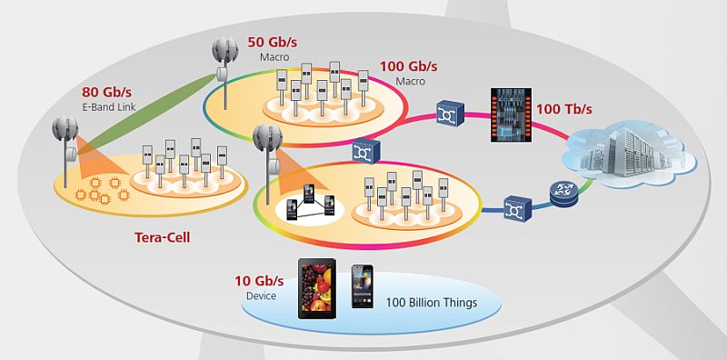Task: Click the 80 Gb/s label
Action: point(106,94)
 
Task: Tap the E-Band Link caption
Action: point(108,107)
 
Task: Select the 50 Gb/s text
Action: point(273,42)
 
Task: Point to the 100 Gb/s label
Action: point(408,65)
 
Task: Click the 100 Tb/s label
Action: point(564,109)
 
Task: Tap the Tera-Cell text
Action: point(163,238)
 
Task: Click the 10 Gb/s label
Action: point(259,281)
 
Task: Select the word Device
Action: point(262,295)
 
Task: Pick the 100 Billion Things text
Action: point(432,303)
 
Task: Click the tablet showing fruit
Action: point(316,288)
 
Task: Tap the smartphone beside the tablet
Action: point(362,286)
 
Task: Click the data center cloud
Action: point(629,153)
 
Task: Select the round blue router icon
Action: point(563,194)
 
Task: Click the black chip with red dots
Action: point(511,115)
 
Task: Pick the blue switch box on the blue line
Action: point(517,208)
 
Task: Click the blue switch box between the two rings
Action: point(366,151)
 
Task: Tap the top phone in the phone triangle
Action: point(309,193)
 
